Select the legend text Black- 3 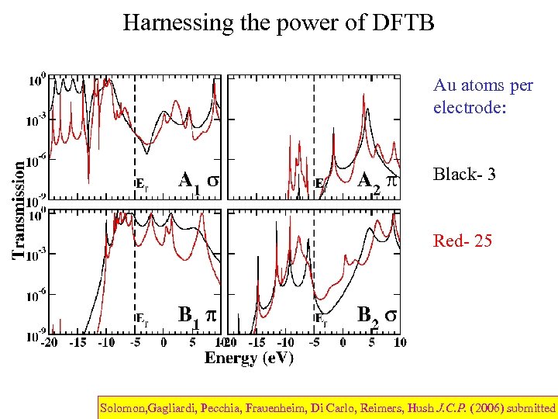[x=464, y=174]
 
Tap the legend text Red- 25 [x=463, y=241]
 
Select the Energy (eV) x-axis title [x=249, y=358]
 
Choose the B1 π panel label [x=197, y=315]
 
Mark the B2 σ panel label [x=377, y=315]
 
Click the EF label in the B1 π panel [x=143, y=318]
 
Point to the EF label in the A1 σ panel [x=143, y=184]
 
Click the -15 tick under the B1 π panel [x=77, y=342]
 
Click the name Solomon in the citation [x=125, y=407]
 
